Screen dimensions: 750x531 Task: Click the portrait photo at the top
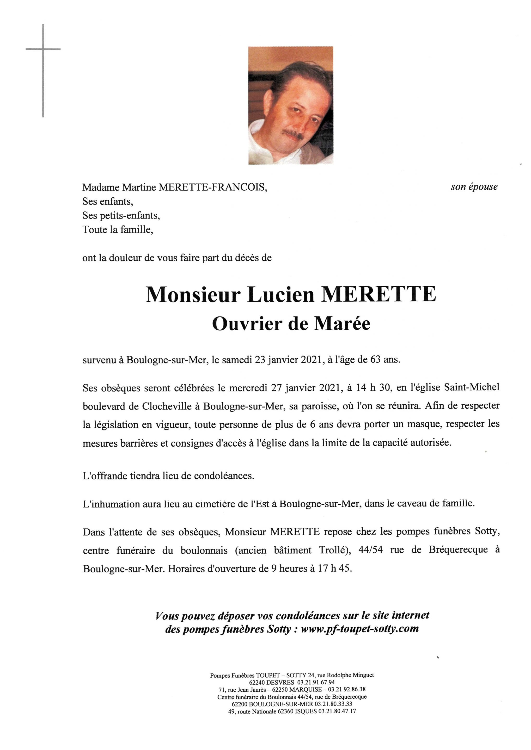point(290,105)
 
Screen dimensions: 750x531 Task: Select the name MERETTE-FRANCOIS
point(212,187)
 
